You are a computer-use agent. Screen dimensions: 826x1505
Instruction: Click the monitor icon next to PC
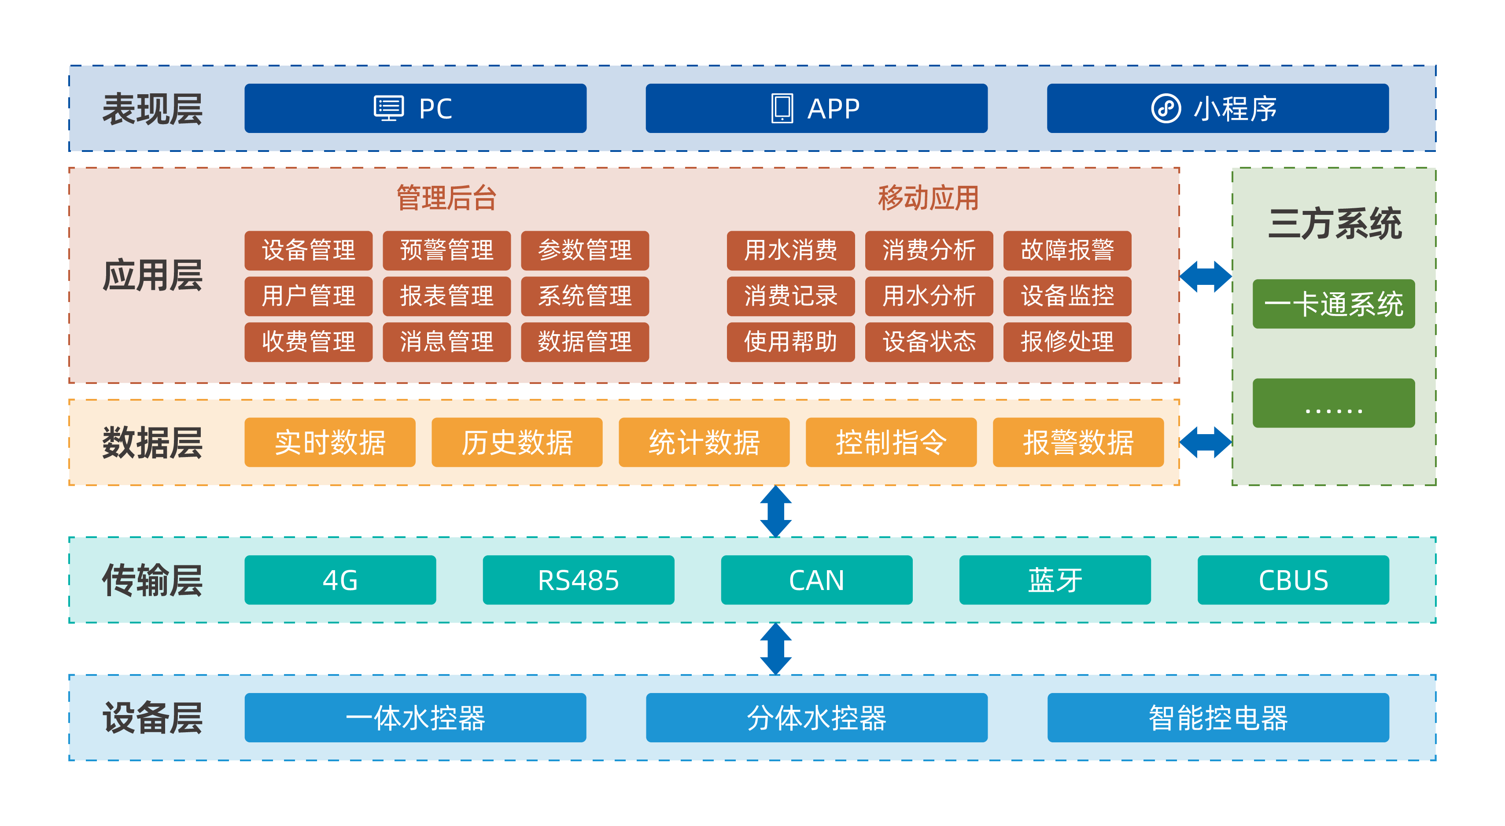388,108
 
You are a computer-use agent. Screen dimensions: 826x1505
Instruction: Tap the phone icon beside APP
782,108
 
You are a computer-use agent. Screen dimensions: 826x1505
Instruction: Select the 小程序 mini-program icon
1166,108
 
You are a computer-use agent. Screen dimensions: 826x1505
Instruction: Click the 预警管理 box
446,250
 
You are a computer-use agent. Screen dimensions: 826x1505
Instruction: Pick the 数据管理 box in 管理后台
584,342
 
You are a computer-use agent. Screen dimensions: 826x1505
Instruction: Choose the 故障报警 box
1067,250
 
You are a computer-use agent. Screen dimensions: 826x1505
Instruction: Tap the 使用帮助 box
790,342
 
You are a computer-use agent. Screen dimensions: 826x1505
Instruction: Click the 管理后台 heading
446,197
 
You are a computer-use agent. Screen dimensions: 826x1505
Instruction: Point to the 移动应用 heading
928,197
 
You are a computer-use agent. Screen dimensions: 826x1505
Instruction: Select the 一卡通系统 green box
1333,304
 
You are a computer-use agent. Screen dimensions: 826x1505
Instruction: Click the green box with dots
1333,403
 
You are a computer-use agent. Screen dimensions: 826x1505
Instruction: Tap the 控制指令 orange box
890,442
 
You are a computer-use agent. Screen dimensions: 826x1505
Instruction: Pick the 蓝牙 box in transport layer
1055,580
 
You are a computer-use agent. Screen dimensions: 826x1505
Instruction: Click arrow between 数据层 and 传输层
775,511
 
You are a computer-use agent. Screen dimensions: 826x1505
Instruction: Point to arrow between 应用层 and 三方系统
1205,277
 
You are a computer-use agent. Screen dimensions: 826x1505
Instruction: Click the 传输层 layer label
152,580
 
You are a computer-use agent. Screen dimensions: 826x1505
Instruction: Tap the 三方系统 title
1335,224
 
